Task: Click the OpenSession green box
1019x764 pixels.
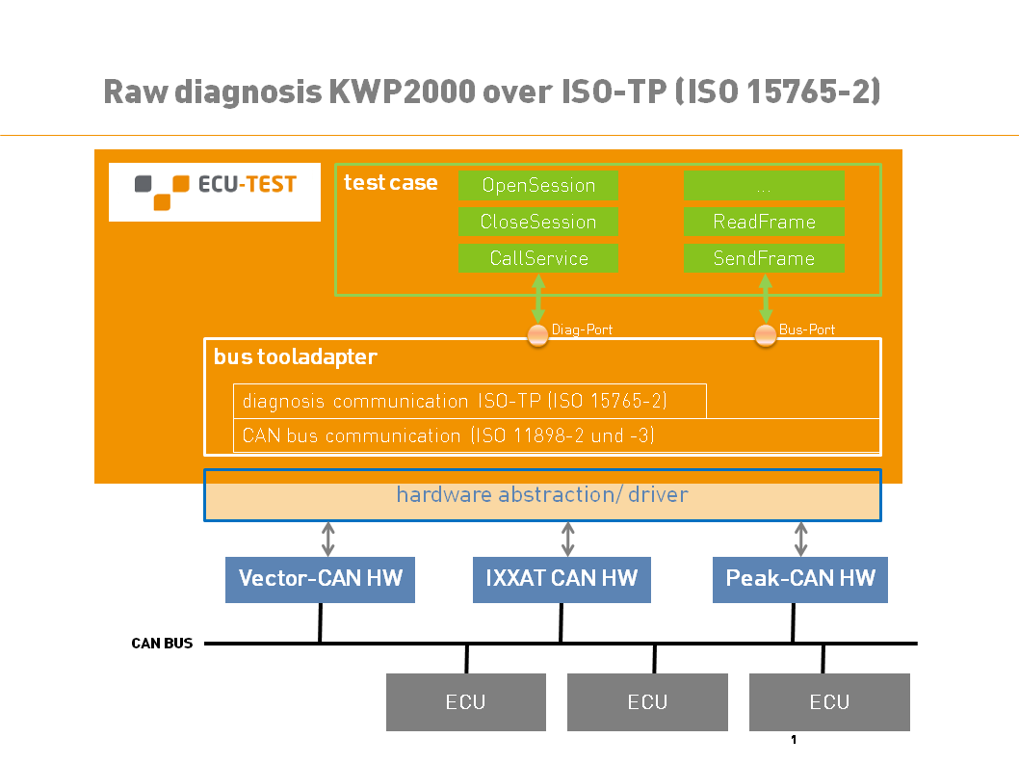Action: pos(538,185)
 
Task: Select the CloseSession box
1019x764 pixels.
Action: pos(538,222)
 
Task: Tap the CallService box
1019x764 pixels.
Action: pos(538,258)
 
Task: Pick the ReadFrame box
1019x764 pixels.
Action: pos(764,222)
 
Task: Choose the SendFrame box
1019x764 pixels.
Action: pos(764,258)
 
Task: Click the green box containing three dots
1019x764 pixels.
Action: pos(764,185)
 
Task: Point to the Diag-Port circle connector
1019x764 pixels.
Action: pos(537,335)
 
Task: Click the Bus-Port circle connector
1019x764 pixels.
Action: pos(766,335)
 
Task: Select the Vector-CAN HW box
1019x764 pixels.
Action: pos(321,579)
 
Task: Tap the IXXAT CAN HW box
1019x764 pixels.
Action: pos(562,579)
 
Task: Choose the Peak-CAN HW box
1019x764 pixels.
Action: pos(800,579)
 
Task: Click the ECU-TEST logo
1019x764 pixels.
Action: pos(215,192)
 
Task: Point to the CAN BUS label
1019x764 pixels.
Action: pos(162,643)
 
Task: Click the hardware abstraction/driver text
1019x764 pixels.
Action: pos(542,495)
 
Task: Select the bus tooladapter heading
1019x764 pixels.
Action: pos(295,357)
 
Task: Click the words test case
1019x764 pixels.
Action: pos(391,183)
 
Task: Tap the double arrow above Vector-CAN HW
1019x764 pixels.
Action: pos(328,539)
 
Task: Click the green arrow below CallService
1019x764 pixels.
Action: pos(538,299)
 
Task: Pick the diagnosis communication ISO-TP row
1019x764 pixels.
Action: pos(470,401)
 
